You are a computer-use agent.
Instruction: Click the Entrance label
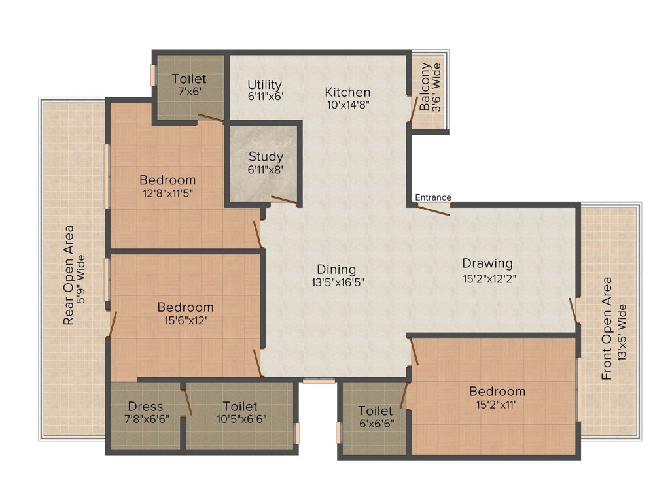(432, 197)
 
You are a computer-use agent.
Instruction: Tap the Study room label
(266, 157)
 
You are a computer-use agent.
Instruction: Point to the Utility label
(264, 85)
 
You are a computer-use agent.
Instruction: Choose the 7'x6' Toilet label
(189, 79)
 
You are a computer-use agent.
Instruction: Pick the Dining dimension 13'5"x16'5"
(336, 282)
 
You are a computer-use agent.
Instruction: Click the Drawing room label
(487, 263)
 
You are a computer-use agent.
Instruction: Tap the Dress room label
(145, 406)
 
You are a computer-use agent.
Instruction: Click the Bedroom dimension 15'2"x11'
(497, 405)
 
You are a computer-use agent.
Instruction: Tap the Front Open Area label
(607, 329)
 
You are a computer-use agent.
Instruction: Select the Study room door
(284, 201)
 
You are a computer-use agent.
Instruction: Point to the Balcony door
(413, 112)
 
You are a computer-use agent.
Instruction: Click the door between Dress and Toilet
(187, 401)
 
